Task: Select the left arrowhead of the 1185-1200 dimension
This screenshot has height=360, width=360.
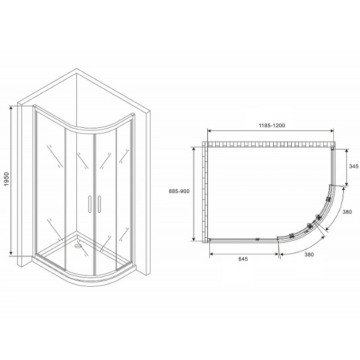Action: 209,132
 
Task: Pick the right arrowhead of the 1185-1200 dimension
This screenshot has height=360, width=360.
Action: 334,132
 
